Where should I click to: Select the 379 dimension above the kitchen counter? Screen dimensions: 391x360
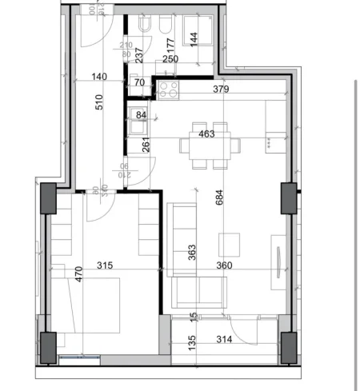coord(222,90)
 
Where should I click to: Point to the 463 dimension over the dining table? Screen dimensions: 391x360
coord(206,134)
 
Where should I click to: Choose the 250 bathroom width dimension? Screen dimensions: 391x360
coord(170,58)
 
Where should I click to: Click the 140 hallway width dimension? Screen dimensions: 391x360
coord(99,78)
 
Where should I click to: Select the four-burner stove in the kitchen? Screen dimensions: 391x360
coord(170,90)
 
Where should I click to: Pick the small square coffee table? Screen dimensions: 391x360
coord(230,241)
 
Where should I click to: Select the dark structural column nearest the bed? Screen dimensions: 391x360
coord(47,345)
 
